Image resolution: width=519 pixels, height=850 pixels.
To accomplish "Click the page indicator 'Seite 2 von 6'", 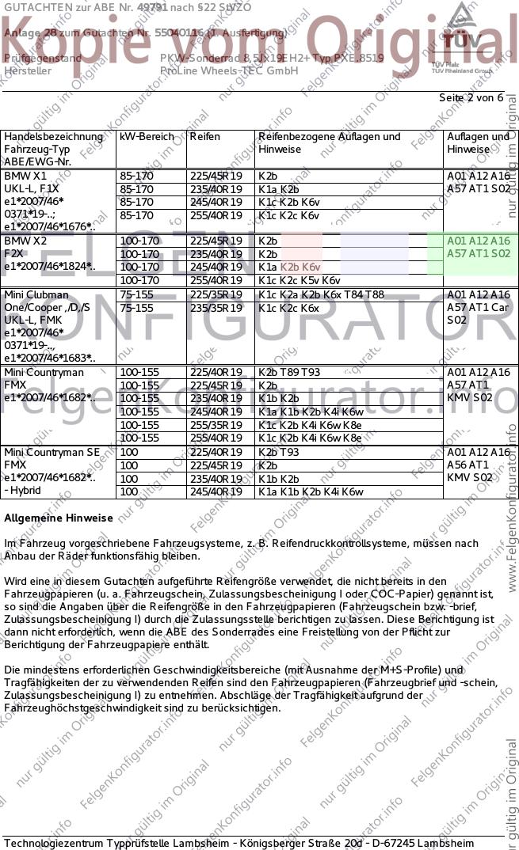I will (x=471, y=97).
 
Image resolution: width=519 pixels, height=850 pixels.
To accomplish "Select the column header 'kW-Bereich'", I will (x=147, y=136).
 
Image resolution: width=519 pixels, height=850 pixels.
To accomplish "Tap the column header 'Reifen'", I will (x=204, y=136).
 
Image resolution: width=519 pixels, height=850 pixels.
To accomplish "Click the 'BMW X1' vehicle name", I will (x=25, y=175).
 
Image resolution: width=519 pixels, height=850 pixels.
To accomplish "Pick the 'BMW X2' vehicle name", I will (x=25, y=241).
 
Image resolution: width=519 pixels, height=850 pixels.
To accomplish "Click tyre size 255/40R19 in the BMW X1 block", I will (x=216, y=215).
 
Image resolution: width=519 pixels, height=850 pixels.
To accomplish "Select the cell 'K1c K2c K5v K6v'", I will (x=299, y=280).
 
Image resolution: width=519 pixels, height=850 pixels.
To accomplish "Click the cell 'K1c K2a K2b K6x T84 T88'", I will (x=321, y=294).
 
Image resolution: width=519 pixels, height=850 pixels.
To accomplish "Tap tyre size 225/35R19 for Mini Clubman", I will (x=216, y=294).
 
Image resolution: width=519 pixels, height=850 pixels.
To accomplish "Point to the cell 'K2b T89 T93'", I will (x=289, y=372).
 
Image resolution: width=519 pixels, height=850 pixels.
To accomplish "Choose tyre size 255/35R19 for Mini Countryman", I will (x=216, y=425).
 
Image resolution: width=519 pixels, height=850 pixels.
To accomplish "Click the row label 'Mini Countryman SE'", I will (x=57, y=452).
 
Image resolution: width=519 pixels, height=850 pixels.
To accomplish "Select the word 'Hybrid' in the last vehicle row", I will (x=26, y=491).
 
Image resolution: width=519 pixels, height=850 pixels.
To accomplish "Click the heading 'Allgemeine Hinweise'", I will (x=59, y=518).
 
